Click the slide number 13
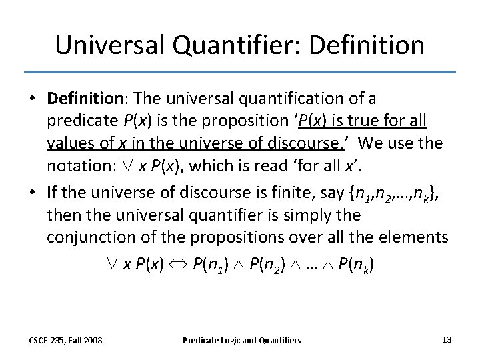click(447, 339)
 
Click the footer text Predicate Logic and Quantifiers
click(242, 340)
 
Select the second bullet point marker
click(32, 193)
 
